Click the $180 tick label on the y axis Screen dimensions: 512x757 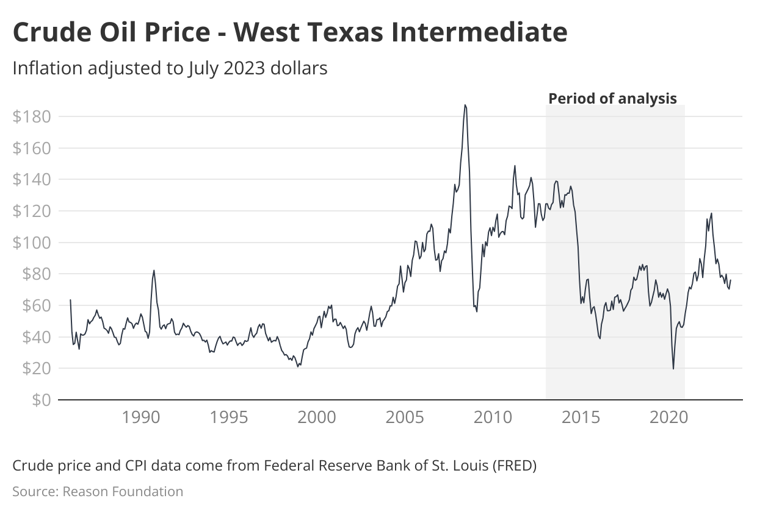tap(31, 116)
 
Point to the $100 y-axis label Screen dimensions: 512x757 tap(31, 243)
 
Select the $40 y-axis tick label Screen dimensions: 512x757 tap(36, 337)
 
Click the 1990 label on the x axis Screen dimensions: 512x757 tap(141, 418)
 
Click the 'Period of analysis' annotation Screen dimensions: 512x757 tap(612, 98)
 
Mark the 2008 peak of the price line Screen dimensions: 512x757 tap(465, 105)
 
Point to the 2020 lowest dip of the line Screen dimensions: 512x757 tap(673, 369)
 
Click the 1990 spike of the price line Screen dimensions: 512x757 tap(154, 270)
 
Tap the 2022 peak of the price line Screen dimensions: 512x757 tap(712, 213)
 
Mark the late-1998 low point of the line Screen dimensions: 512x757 tap(298, 366)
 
